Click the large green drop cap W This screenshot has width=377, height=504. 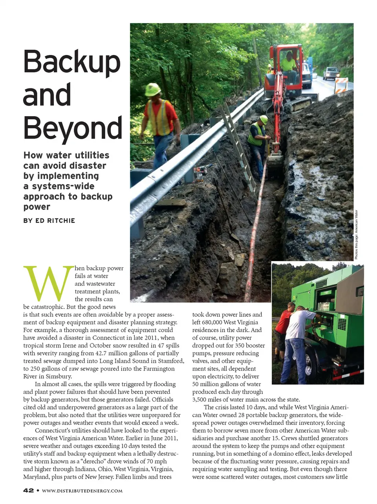point(49,283)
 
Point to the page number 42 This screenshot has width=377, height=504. point(28,490)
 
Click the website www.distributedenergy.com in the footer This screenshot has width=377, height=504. point(82,491)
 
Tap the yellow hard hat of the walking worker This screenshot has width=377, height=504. point(152,89)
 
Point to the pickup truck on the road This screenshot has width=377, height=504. point(331,73)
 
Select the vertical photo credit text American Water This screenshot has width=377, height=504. point(357,235)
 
